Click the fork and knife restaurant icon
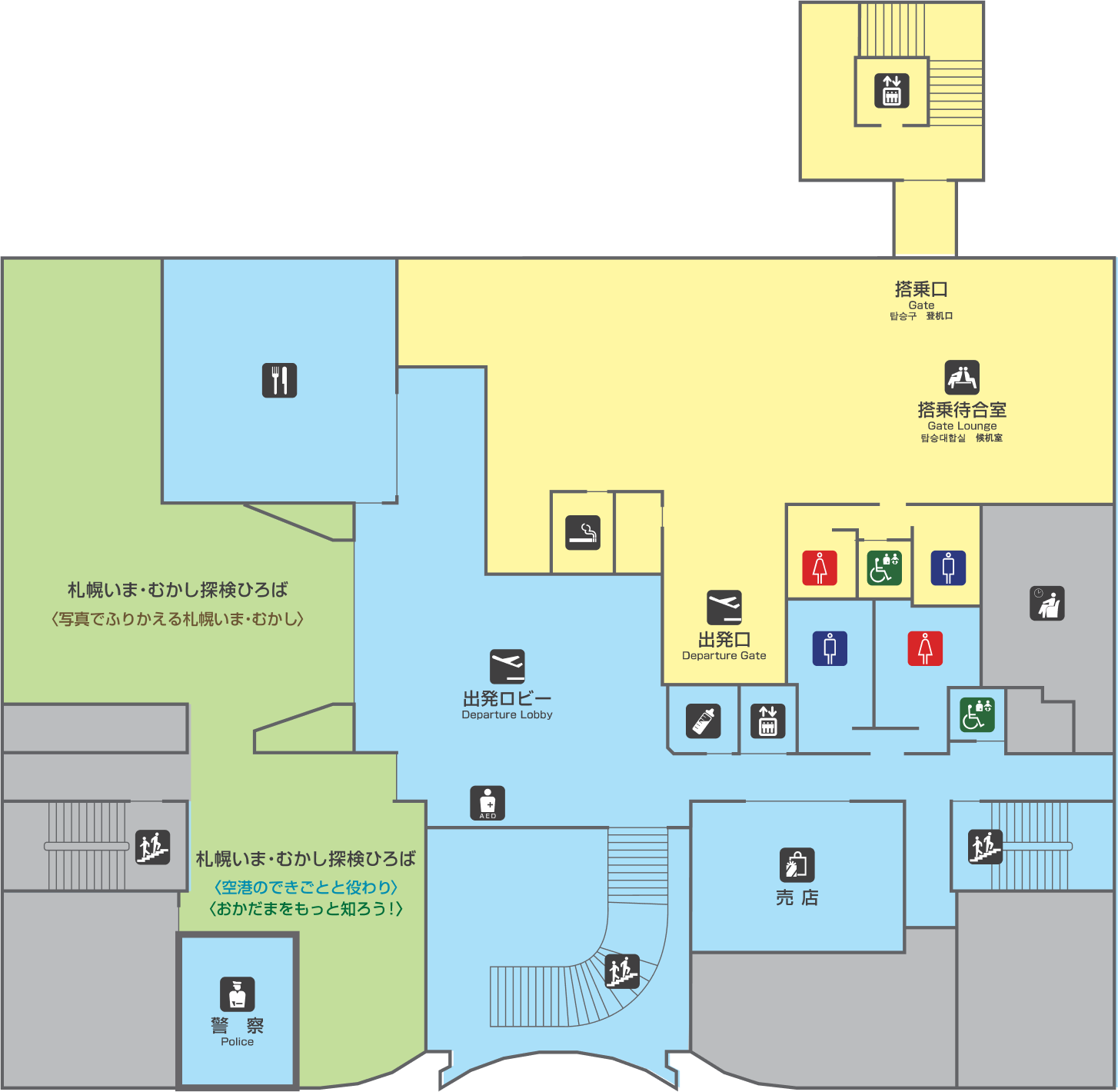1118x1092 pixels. click(279, 380)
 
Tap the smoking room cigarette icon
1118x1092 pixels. click(583, 532)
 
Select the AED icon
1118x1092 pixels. click(487, 803)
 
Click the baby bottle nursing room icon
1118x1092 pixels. click(704, 721)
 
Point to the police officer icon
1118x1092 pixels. click(237, 994)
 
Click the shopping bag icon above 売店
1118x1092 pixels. click(797, 864)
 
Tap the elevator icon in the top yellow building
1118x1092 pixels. click(892, 90)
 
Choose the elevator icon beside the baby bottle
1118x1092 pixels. click(768, 721)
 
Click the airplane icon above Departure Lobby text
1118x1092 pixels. click(507, 666)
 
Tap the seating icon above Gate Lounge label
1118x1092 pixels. click(962, 377)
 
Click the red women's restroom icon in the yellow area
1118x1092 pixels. click(820, 568)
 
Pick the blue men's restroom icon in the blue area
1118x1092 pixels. click(830, 648)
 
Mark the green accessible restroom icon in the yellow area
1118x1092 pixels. click(884, 568)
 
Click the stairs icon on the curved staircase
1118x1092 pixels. click(622, 971)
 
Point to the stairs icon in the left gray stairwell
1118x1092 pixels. click(153, 847)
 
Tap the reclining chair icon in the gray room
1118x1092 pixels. click(1047, 603)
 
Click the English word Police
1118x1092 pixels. click(237, 1042)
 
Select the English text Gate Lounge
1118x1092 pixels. click(962, 426)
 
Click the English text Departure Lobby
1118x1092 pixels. click(507, 715)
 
